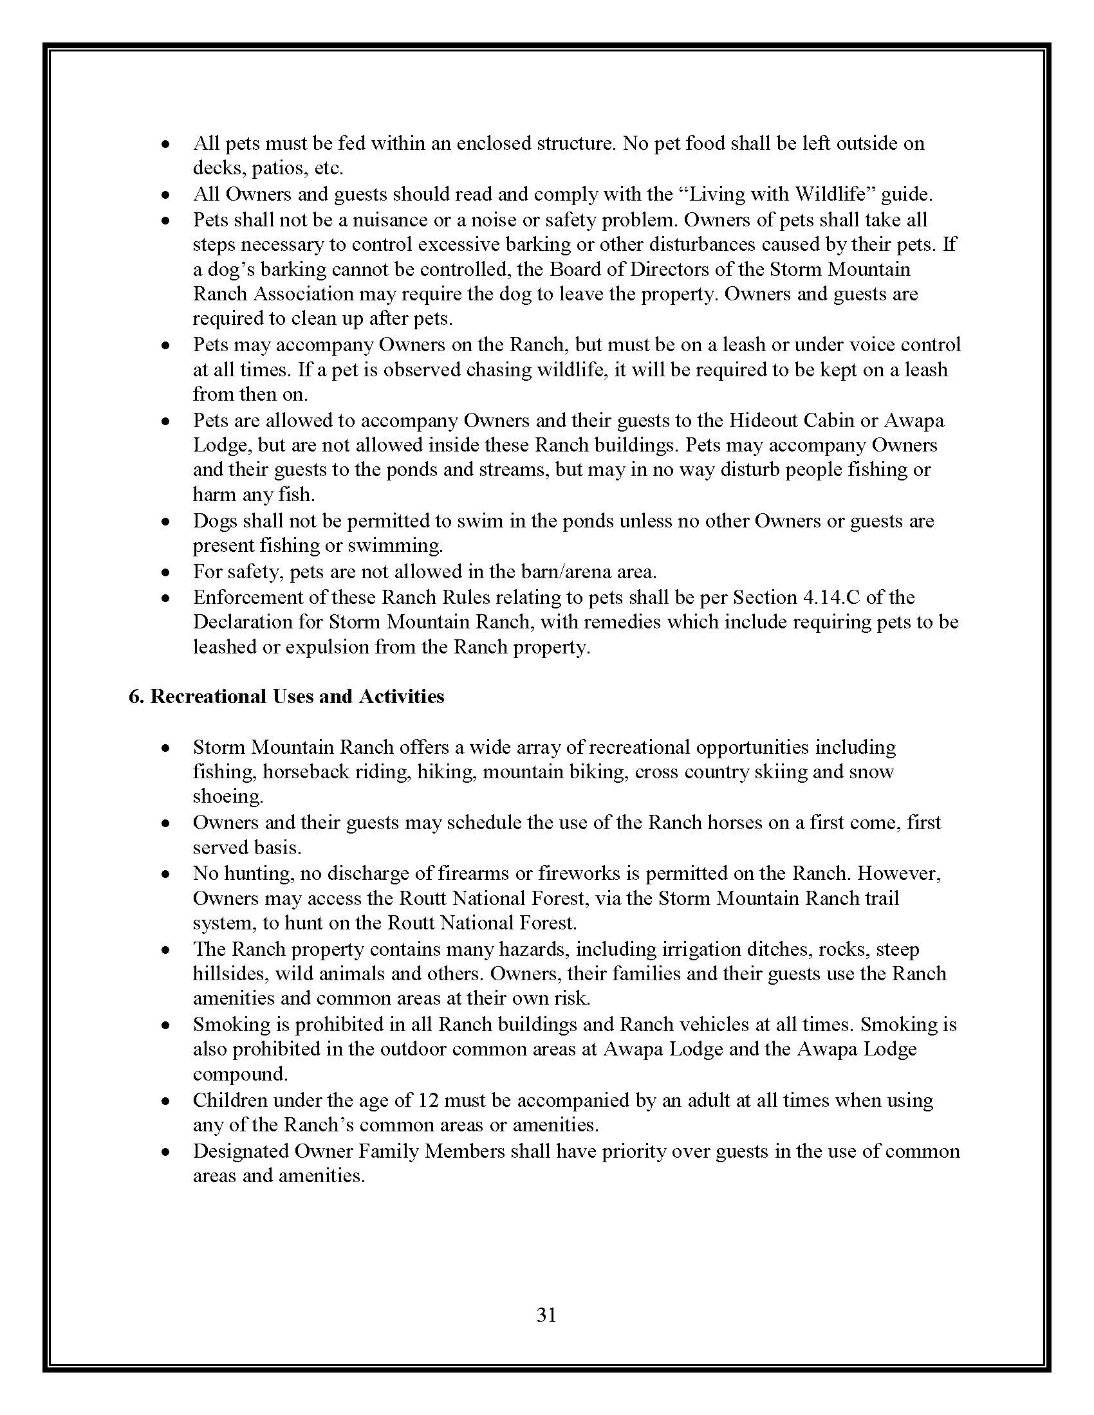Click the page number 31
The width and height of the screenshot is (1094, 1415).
tap(546, 1315)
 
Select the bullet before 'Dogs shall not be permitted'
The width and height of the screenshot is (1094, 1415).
tap(167, 522)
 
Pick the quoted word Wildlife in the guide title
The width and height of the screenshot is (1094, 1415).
tap(835, 194)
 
